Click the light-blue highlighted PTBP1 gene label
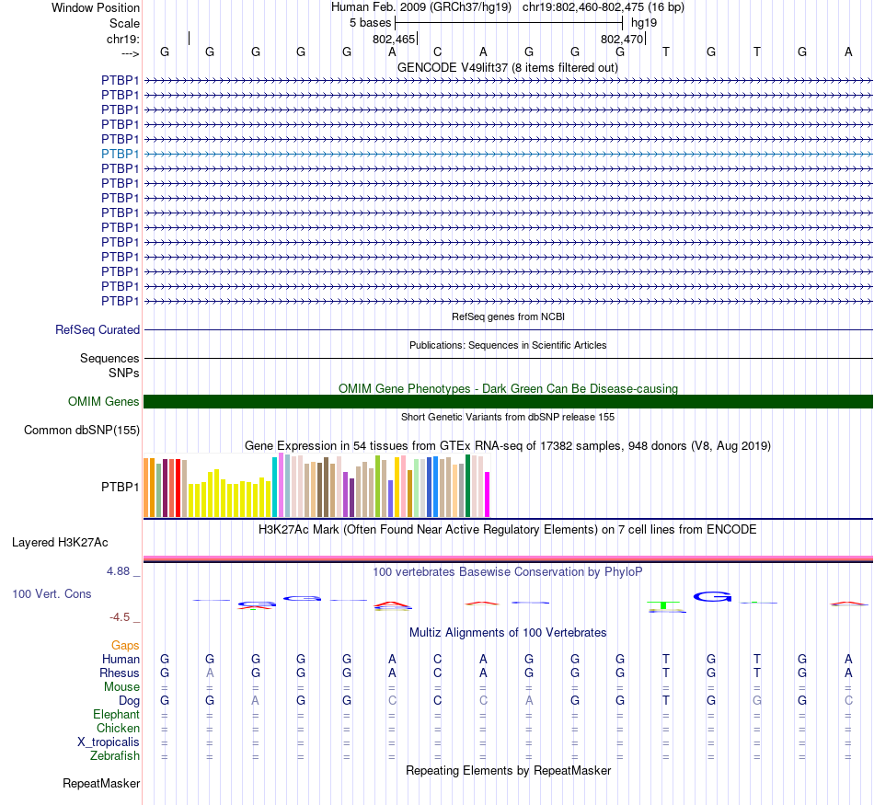coord(121,154)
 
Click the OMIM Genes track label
coord(104,401)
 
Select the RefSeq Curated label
coord(98,329)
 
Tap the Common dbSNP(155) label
coord(82,430)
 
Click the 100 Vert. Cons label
coord(52,594)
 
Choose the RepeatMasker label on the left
coord(101,784)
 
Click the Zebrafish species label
coord(115,756)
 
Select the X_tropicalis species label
coord(109,742)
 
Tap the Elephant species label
coord(116,715)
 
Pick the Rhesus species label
coord(120,673)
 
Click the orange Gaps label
coord(125,646)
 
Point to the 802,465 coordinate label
coord(394,40)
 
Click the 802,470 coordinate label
coord(622,40)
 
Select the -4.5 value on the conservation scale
coord(121,617)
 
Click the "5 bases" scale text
coord(370,22)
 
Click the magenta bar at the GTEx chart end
coord(488,494)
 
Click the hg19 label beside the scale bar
coord(644,22)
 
